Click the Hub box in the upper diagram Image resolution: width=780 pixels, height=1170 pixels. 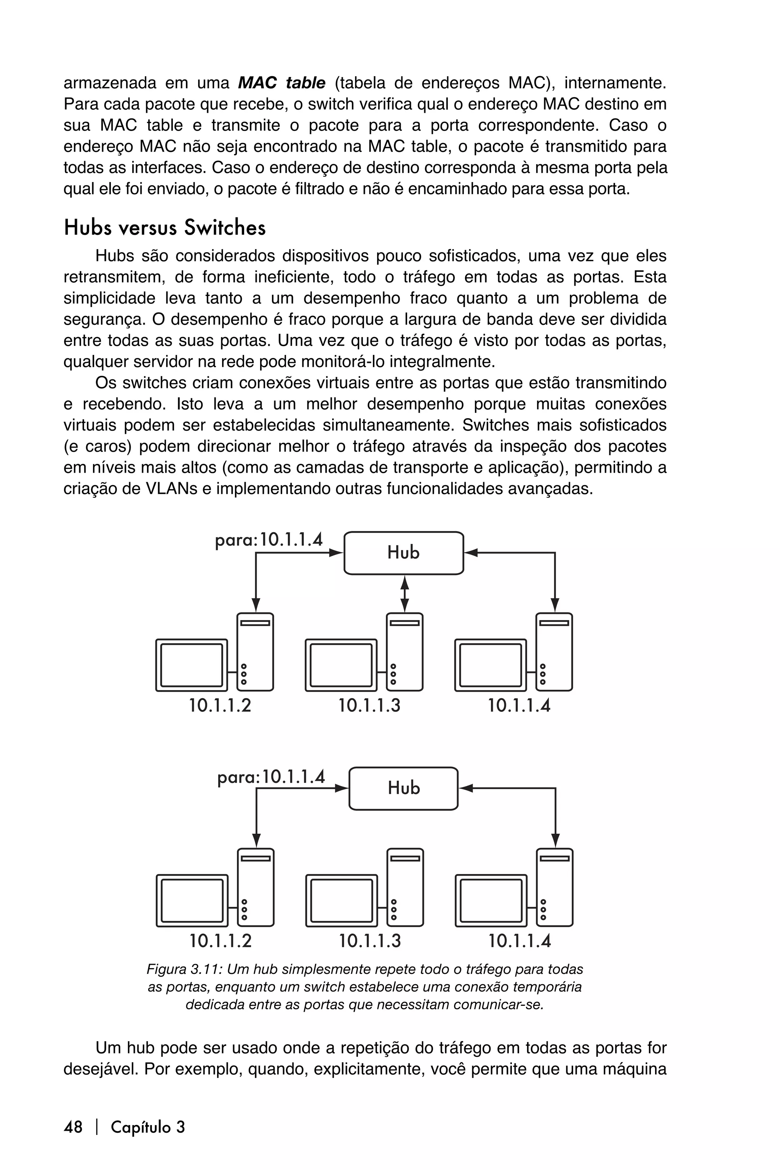(403, 553)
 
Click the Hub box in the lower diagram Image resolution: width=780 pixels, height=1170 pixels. (403, 788)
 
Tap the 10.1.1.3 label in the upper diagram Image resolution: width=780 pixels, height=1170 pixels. (369, 705)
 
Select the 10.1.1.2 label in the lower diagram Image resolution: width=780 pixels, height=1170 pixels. (221, 941)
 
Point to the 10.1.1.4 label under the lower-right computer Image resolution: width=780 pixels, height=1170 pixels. (519, 941)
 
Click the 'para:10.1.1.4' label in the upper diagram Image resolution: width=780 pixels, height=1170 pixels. (269, 540)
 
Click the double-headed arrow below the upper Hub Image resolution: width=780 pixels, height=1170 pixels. (404, 593)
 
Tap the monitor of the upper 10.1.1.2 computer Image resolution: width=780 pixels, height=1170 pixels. (192, 665)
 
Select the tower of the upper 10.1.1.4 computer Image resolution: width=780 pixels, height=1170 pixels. (554, 652)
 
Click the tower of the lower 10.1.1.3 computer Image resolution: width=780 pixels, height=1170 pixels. (405, 887)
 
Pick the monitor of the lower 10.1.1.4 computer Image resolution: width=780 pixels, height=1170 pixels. (491, 900)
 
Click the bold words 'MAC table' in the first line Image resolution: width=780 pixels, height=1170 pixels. (281, 83)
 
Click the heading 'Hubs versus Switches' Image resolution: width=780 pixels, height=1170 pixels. (165, 228)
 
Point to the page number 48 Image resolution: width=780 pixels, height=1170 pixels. (73, 1127)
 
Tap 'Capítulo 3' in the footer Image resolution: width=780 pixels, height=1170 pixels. (148, 1127)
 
